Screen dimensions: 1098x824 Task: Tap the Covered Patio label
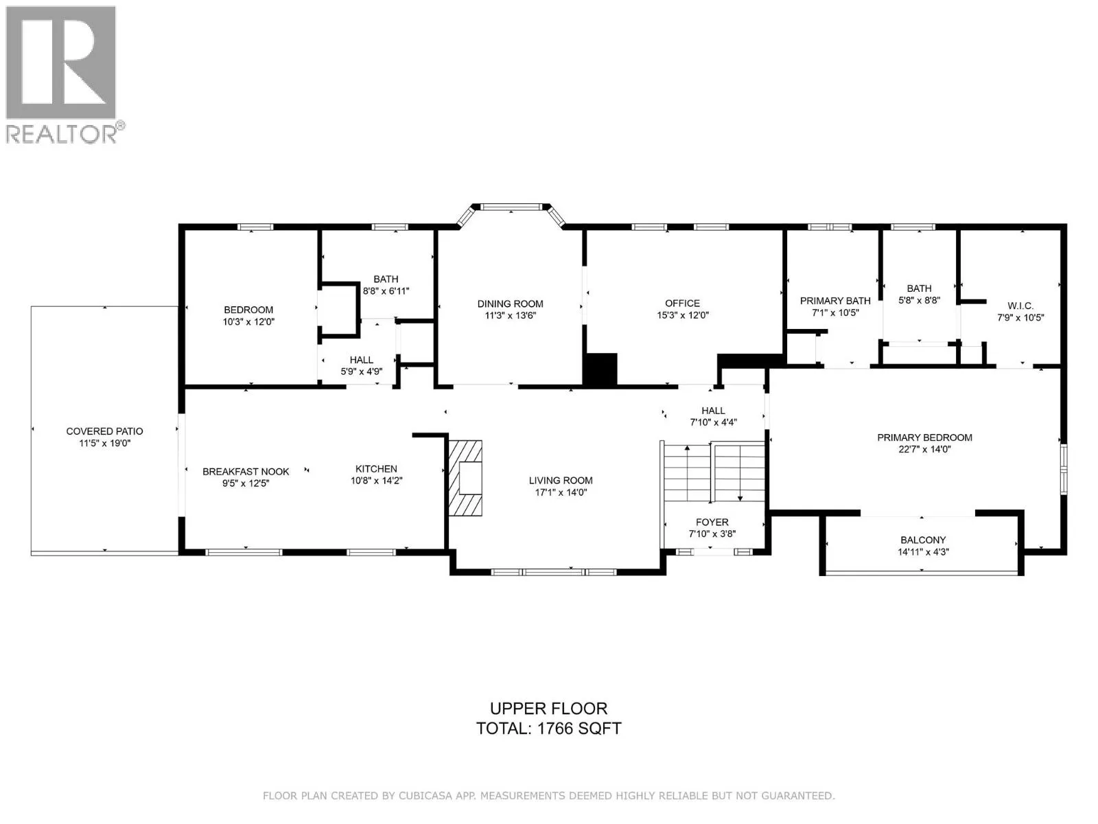click(104, 431)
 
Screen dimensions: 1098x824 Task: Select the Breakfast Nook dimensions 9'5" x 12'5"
click(246, 483)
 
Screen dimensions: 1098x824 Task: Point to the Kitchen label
click(376, 469)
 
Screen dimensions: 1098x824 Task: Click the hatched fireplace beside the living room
click(465, 478)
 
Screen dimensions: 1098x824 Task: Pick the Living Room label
click(561, 480)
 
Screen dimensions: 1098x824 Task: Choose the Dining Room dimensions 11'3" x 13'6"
click(511, 316)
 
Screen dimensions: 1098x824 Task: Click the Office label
click(682, 304)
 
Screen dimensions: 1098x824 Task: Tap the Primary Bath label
click(835, 301)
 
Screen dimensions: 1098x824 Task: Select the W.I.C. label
click(1020, 306)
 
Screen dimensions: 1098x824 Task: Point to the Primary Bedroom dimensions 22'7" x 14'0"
click(924, 449)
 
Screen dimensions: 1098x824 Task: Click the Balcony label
click(923, 540)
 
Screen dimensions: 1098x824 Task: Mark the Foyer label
click(712, 522)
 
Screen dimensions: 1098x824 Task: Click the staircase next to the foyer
click(713, 472)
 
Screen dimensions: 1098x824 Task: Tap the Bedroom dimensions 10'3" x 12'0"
click(248, 321)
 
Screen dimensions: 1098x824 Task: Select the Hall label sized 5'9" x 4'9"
click(361, 360)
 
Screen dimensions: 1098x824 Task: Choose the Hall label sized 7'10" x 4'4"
click(713, 411)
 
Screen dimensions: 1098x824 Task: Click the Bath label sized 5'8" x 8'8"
click(920, 288)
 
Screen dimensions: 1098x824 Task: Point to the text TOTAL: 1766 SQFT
click(548, 729)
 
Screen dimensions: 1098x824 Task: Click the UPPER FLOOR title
click(548, 709)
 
